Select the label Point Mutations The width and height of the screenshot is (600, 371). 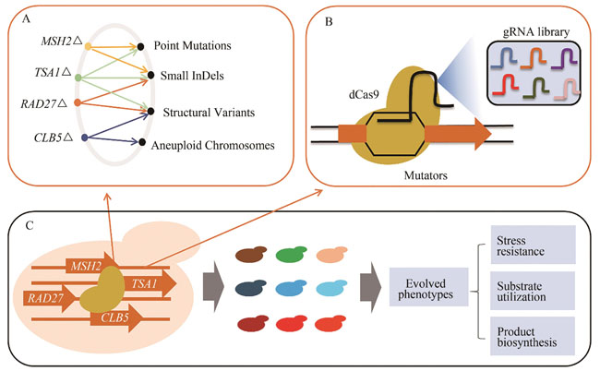tap(193, 45)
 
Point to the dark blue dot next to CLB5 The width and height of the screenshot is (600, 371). tap(85, 138)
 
